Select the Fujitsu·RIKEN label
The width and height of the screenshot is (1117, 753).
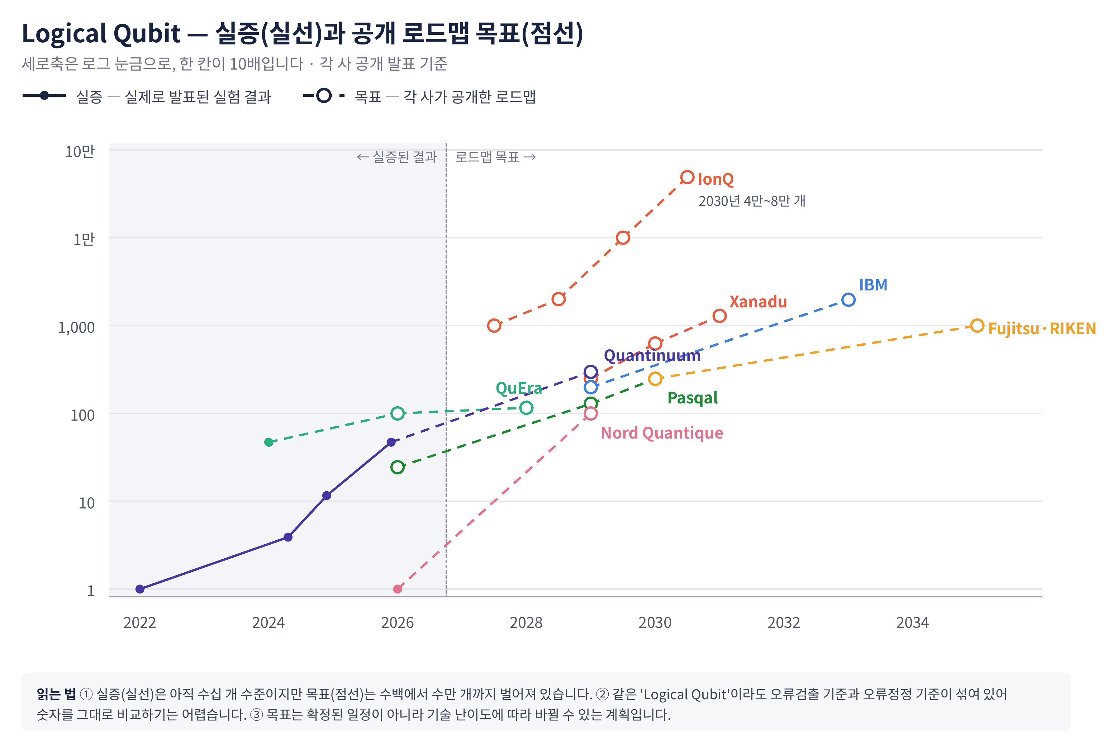(1042, 329)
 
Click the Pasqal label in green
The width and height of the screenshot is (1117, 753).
(692, 398)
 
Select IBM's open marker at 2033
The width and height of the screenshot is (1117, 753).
(848, 300)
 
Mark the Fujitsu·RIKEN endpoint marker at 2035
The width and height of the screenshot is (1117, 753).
(977, 326)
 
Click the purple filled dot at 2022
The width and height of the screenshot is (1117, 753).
(140, 589)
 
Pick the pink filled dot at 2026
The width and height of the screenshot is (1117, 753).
(398, 589)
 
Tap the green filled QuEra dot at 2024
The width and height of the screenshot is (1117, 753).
(269, 442)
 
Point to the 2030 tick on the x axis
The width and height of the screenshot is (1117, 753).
(655, 622)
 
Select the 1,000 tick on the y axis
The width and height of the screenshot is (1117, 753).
(76, 327)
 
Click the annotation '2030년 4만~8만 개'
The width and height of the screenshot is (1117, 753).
(752, 201)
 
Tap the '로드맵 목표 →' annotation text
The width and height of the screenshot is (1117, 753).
(495, 157)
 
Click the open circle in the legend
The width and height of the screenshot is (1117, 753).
(324, 96)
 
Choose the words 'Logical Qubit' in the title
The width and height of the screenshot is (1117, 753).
(101, 34)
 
